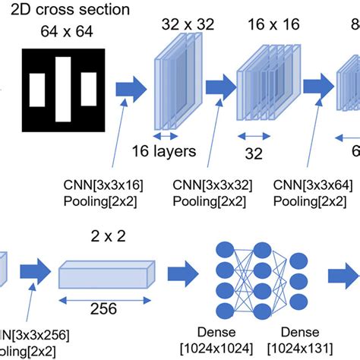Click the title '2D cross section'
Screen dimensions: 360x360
coord(74,11)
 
